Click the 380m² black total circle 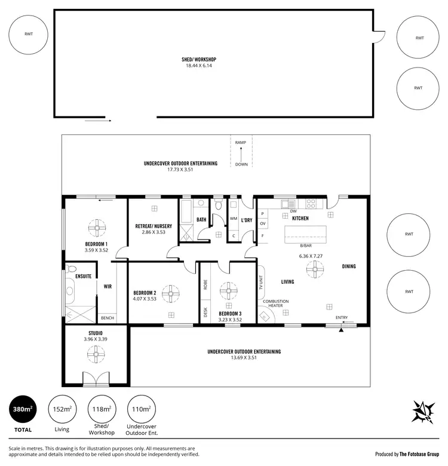coord(23,410)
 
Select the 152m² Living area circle coord(62,410)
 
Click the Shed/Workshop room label coord(198,60)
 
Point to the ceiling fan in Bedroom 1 coord(96,228)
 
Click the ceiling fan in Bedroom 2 coord(171,293)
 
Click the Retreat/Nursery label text coord(154,226)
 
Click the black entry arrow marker coord(342,329)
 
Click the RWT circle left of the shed coord(29,34)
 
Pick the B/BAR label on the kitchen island coord(306,245)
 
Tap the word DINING coord(349,266)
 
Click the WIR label coord(108,287)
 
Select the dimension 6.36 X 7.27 coord(311,256)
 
